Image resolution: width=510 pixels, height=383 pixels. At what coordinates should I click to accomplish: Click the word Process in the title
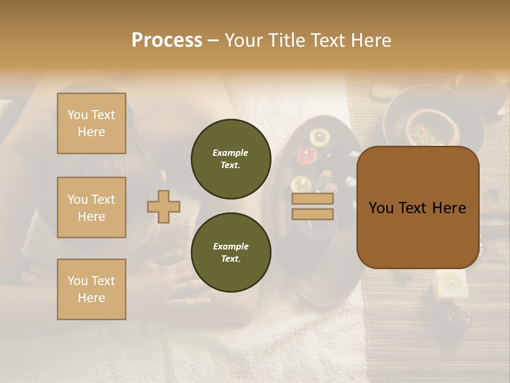click(x=167, y=40)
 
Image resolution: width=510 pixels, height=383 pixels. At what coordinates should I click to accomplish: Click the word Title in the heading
click(x=284, y=40)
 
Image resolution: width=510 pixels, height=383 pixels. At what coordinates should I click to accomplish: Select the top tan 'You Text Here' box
click(x=91, y=123)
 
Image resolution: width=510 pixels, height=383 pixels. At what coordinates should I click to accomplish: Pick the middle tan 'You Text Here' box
click(x=91, y=207)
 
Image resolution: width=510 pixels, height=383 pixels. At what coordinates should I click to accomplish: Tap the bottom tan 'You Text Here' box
click(x=91, y=289)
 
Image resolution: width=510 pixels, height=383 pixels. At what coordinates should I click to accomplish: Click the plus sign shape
click(x=164, y=206)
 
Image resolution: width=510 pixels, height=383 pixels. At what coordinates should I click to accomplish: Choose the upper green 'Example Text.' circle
click(x=231, y=159)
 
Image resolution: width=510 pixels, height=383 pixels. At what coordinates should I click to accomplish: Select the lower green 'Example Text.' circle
click(x=231, y=252)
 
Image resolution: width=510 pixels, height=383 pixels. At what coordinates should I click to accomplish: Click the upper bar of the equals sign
click(x=312, y=199)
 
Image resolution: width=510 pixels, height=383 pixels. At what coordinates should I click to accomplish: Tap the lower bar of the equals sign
click(x=312, y=214)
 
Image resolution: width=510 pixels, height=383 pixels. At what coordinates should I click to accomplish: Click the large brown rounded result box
click(x=418, y=207)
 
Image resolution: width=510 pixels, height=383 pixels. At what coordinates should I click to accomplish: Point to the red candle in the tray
click(x=307, y=155)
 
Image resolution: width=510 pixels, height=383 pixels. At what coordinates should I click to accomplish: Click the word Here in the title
click(x=370, y=40)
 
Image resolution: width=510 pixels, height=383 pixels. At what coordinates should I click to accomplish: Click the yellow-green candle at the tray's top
click(x=319, y=137)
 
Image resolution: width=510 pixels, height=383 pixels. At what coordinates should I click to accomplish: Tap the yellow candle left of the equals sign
click(x=301, y=184)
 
